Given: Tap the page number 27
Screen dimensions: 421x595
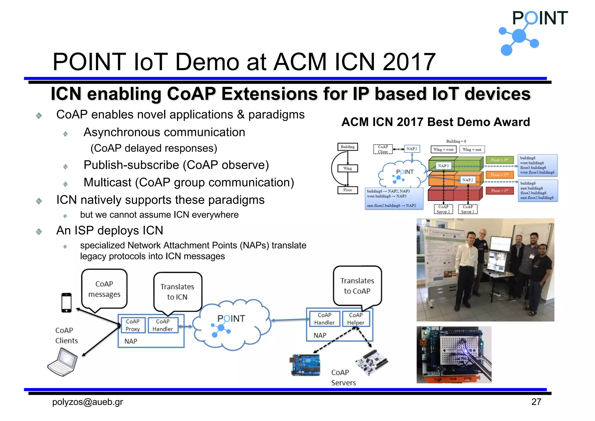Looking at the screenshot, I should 536,402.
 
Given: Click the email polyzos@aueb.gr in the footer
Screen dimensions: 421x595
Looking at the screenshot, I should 87,402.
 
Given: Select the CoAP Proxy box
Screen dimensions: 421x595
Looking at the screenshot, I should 133,325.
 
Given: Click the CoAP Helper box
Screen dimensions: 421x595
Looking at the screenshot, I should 356,319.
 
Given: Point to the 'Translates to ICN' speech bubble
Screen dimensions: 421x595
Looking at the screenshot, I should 177,292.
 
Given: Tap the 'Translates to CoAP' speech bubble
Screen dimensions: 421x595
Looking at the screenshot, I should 357,286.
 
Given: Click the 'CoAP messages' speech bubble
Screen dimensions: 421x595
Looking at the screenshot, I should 104,289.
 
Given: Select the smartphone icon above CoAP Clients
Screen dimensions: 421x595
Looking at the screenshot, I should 67,303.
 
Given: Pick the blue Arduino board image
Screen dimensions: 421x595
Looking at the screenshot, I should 306,365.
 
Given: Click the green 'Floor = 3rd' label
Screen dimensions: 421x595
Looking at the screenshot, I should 499,160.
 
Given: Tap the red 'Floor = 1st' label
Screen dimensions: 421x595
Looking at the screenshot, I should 499,191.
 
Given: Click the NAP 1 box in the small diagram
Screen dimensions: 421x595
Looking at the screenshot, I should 412,149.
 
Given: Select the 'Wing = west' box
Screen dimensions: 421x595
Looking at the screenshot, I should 443,149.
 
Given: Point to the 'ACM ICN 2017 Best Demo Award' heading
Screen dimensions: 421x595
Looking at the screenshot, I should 436,122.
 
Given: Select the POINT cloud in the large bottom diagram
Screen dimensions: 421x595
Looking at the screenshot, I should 231,324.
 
